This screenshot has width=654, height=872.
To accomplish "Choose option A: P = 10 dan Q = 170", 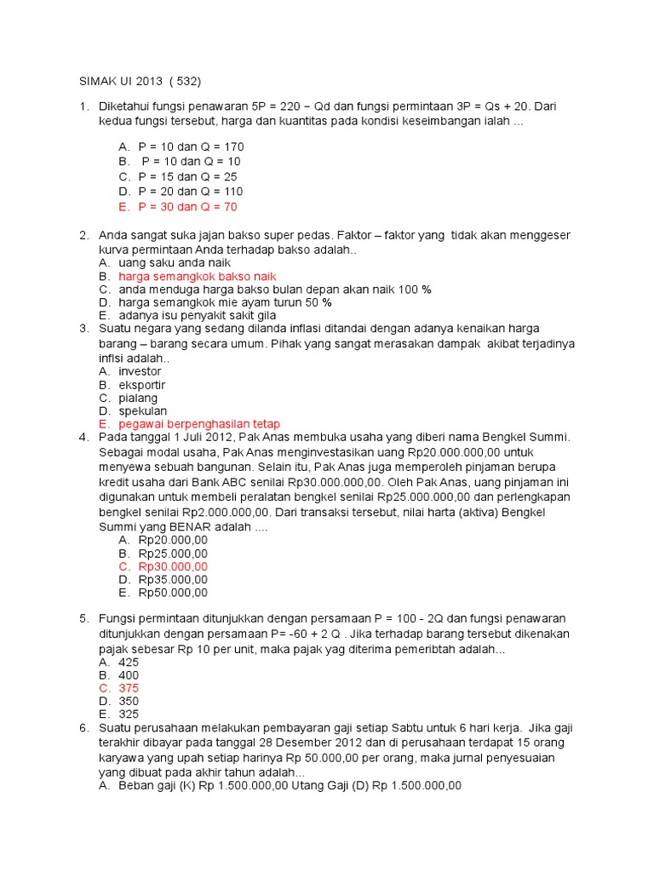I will click(x=191, y=146).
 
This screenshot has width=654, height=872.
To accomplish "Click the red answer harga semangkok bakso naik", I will click(x=198, y=277).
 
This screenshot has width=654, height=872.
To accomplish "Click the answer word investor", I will click(x=140, y=371).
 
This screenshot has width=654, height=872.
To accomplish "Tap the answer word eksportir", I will click(x=142, y=385).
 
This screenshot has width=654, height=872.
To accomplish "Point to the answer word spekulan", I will click(x=142, y=410).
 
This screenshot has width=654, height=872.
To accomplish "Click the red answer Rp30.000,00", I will click(x=173, y=566).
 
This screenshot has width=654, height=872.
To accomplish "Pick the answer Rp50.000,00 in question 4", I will click(x=173, y=593).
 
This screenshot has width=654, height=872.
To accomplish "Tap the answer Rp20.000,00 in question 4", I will click(x=173, y=540).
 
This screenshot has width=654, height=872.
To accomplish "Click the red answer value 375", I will click(x=129, y=688).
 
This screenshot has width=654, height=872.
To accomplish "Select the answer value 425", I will click(x=129, y=662).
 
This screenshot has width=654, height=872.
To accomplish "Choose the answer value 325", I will click(x=129, y=714).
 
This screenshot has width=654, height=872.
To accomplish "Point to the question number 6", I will click(x=84, y=728).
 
